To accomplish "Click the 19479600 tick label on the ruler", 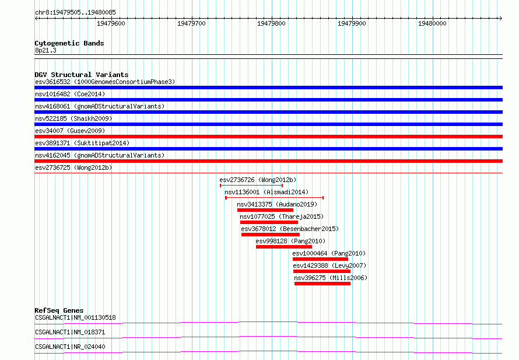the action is pos(111,23).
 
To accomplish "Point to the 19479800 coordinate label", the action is pos(271,23).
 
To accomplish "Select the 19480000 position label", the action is pos(432,23).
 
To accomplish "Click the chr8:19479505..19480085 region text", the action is pos(75,12).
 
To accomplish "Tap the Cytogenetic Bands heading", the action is pos(69,43).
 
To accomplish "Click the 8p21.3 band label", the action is pos(45,50).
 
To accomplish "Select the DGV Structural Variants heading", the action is pos(82,75).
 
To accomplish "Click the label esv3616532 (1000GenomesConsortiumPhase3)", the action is pos(105,82).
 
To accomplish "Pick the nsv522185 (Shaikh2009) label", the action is pos(73,118).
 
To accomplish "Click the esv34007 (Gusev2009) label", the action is pos(70,131).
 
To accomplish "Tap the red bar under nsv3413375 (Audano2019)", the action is pos(265,210).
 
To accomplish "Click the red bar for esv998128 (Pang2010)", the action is pos(284,247).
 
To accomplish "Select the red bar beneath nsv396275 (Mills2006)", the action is pos(322,284).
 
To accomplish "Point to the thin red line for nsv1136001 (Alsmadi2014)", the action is pos(275,198).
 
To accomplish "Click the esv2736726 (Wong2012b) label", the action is pos(258,180).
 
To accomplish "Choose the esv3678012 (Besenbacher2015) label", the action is pos(290,229).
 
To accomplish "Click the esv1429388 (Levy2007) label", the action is pos(329,265).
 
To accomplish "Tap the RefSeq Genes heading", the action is pos(59,310).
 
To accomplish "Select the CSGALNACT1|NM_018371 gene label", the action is pos(70,332).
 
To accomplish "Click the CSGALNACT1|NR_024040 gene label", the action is pos(70,347).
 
